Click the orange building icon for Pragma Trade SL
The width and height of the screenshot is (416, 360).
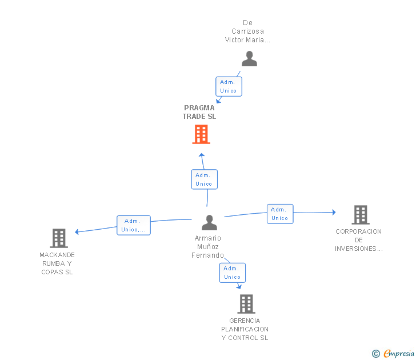click(201, 134)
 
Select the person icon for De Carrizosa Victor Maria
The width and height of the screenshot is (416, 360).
click(249, 59)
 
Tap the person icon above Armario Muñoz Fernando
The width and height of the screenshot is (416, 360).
click(210, 222)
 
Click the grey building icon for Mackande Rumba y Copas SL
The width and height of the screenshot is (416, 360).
click(59, 238)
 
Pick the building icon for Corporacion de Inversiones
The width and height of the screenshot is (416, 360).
click(360, 215)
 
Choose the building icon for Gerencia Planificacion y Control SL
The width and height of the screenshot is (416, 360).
click(246, 304)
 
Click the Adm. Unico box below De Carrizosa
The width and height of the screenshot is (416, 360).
click(229, 86)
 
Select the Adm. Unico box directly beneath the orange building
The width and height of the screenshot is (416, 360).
click(204, 179)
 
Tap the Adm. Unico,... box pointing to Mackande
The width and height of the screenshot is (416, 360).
click(134, 225)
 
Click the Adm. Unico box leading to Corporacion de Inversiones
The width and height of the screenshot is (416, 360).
click(280, 214)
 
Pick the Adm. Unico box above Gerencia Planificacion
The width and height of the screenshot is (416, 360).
click(232, 273)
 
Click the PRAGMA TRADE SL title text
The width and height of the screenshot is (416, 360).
click(199, 112)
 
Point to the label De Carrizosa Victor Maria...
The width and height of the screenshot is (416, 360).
click(247, 31)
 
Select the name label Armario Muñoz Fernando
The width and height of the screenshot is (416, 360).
click(207, 247)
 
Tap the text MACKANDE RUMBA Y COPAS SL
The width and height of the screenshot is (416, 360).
click(57, 263)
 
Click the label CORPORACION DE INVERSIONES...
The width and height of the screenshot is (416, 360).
click(358, 240)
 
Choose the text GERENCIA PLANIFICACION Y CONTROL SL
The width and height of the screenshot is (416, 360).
click(245, 329)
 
